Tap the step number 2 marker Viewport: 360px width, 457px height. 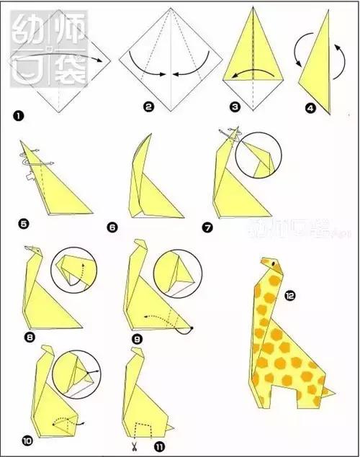148,107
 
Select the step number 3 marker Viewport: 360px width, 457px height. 234,107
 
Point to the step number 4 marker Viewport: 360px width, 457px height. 310,109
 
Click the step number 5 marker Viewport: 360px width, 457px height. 23,224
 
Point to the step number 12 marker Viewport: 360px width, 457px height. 289,295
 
